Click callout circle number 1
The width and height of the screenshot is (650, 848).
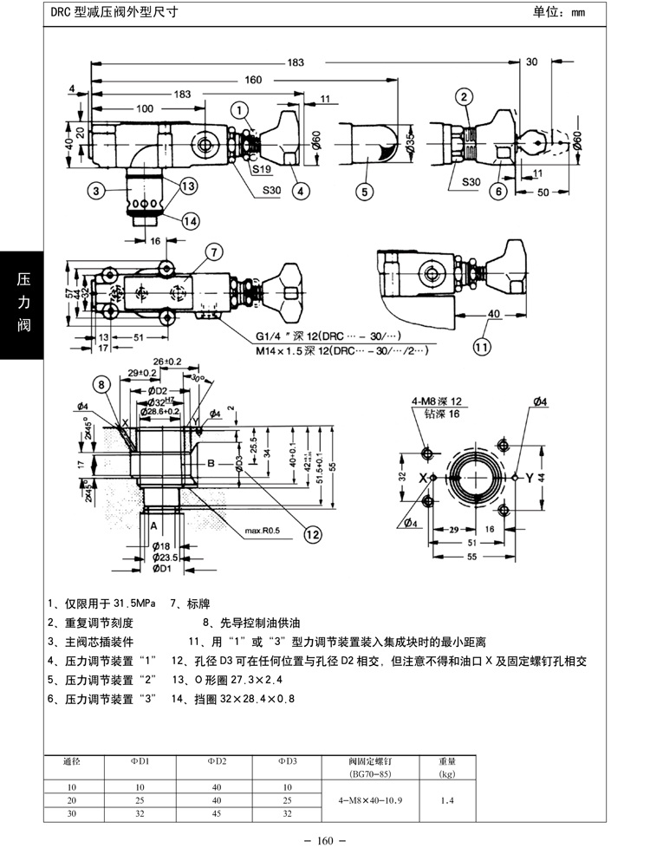240,109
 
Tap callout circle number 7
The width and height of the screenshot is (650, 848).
213,252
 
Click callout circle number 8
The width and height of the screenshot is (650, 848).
103,385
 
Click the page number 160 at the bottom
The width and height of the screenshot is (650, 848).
326,839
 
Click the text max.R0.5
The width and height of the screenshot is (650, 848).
264,530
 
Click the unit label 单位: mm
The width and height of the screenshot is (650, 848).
559,12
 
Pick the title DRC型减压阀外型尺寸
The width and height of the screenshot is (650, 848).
104,12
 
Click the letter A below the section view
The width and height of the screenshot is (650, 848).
153,525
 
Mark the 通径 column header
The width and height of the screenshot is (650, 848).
72,762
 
